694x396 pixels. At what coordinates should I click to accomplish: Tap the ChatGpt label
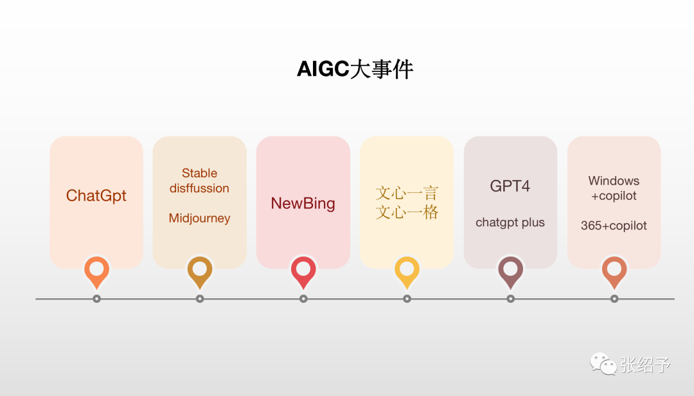96,195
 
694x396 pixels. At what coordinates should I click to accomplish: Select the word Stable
199,173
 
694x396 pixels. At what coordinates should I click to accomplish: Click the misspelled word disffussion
199,188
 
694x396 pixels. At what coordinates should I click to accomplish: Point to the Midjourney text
199,219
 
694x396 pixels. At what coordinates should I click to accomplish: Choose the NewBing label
303,203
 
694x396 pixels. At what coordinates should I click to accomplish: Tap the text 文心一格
407,212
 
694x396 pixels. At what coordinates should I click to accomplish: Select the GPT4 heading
510,186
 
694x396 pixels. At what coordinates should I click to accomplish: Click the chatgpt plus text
510,222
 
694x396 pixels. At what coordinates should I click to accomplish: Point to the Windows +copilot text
614,188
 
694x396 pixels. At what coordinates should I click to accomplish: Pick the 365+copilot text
614,226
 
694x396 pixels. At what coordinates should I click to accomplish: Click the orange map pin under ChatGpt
96,270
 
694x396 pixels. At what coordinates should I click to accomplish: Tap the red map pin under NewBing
303,270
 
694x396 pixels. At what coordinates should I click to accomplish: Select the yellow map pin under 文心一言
407,270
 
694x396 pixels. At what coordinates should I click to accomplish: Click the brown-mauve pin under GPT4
510,270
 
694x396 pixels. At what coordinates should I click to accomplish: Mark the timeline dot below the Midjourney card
200,299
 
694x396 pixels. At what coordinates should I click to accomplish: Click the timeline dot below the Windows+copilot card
614,299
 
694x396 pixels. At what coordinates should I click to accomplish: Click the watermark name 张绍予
645,365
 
